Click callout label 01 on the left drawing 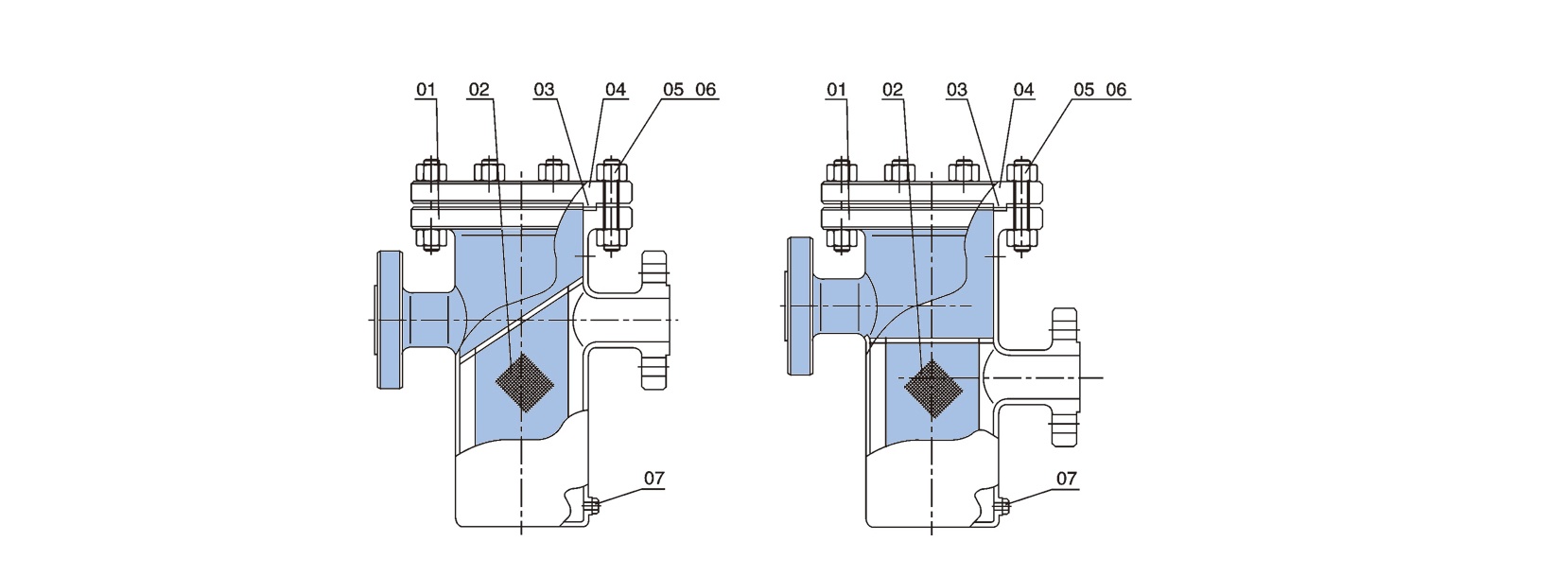click(426, 90)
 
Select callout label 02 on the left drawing click(479, 90)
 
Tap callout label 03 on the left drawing click(544, 90)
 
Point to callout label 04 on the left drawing click(616, 90)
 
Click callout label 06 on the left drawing click(706, 90)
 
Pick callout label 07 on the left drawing click(653, 478)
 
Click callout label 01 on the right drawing click(837, 90)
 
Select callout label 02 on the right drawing click(893, 90)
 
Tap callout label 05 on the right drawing click(1084, 90)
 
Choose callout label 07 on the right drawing click(1066, 479)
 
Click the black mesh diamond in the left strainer click(524, 381)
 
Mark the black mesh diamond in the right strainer click(933, 389)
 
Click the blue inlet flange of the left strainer click(390, 319)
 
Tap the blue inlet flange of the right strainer click(799, 305)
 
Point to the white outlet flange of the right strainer click(1066, 377)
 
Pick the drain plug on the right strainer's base click(1003, 505)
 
